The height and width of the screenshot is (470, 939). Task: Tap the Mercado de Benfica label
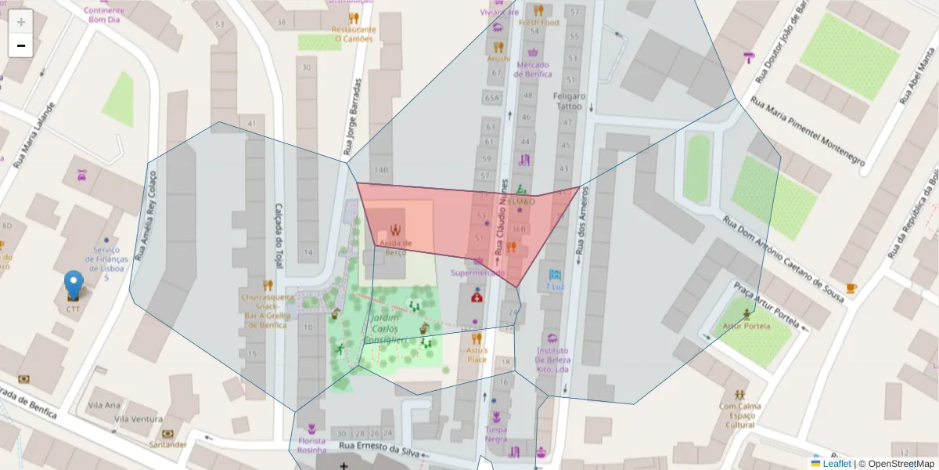point(532,69)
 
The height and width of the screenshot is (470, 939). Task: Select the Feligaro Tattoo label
point(569,100)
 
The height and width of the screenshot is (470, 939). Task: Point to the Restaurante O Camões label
point(355,34)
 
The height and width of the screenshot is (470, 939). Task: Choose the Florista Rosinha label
point(311,445)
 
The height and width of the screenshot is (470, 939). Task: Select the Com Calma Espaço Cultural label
point(739,415)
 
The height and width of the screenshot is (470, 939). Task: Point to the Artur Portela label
point(747,325)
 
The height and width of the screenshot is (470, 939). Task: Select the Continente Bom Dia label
point(103,14)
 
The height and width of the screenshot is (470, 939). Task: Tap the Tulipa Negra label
point(495,434)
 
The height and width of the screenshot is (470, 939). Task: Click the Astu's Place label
point(477,355)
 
